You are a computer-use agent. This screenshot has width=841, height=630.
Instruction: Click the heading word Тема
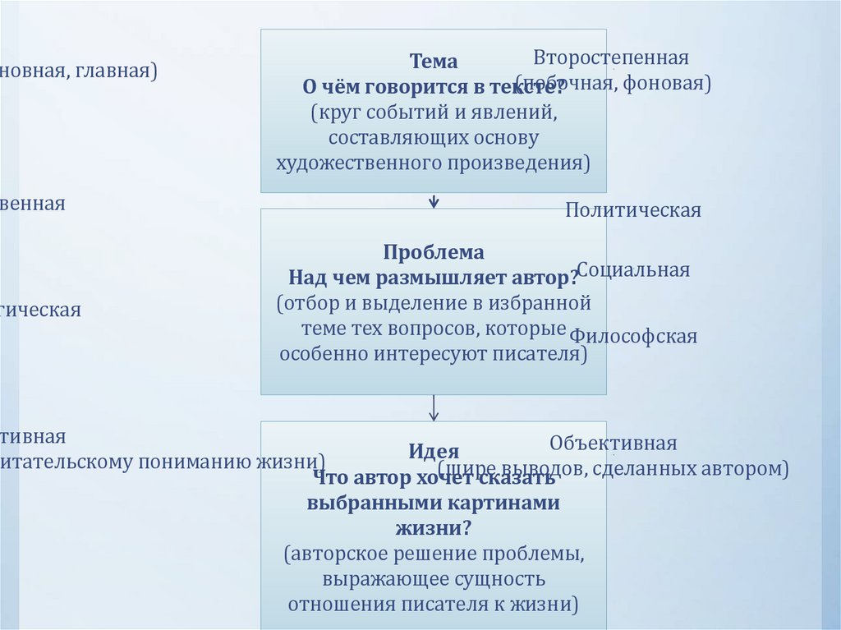pyautogui.click(x=434, y=62)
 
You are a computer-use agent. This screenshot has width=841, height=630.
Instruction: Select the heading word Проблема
pyautogui.click(x=434, y=252)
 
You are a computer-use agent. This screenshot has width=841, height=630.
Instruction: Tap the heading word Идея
pyautogui.click(x=434, y=451)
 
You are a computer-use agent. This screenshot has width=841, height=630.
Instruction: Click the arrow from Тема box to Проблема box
pyautogui.click(x=434, y=200)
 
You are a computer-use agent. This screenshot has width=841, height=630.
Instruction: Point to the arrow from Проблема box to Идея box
pyautogui.click(x=434, y=407)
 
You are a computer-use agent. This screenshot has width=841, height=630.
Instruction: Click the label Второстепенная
pyautogui.click(x=610, y=58)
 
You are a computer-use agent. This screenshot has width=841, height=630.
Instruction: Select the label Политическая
pyautogui.click(x=633, y=210)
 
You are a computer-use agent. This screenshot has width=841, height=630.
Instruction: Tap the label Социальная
pyautogui.click(x=633, y=270)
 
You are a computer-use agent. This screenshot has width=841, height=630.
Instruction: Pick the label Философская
pyautogui.click(x=633, y=336)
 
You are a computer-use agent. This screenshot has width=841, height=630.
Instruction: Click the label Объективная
pyautogui.click(x=613, y=444)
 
